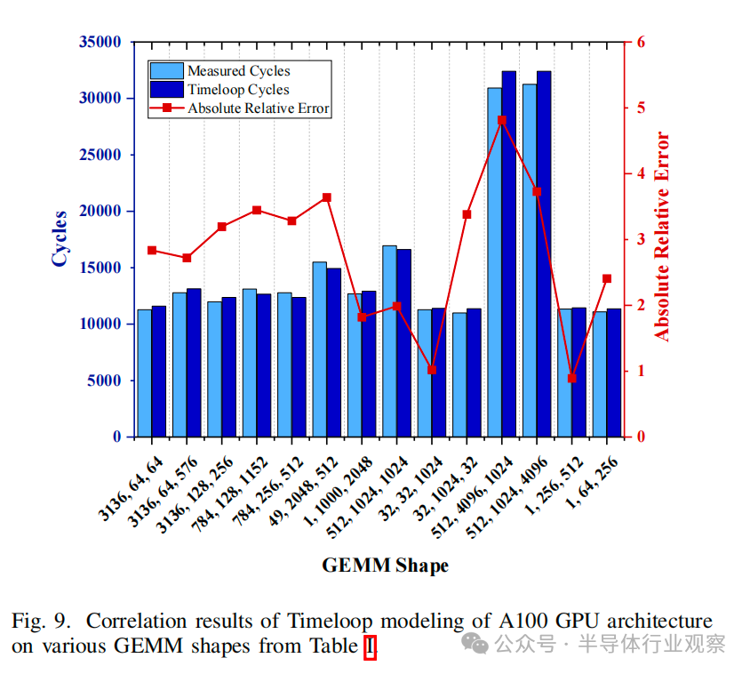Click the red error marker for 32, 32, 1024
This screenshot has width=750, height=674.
432,370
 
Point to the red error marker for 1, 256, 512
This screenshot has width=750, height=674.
572,378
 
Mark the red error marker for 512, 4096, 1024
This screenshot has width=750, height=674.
502,120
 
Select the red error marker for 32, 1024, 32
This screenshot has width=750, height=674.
467,214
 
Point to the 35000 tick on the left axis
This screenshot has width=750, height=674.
100,42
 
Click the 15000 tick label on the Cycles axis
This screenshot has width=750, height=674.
100,268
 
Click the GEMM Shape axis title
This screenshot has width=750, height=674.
384,566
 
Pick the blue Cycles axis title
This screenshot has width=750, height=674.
60,237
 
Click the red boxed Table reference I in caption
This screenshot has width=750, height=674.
370,646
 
